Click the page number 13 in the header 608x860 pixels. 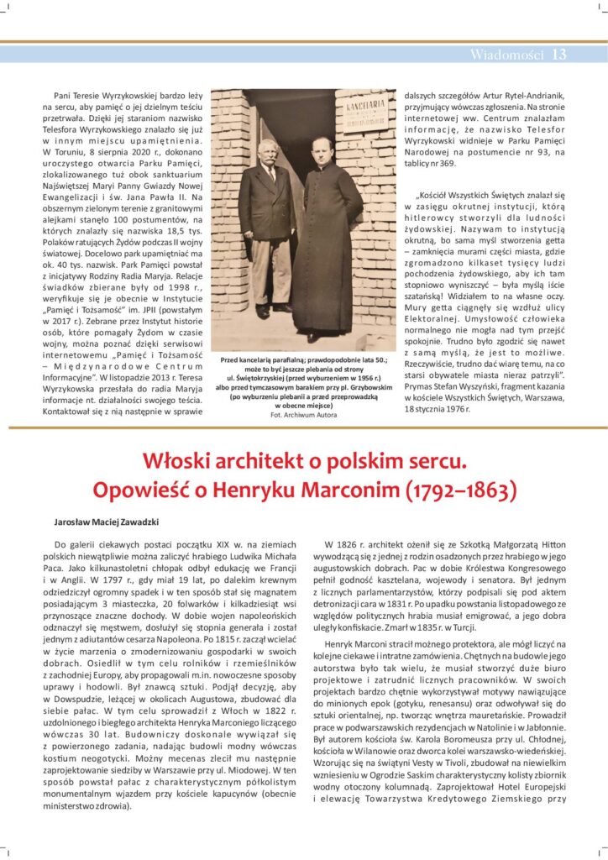point(559,55)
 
